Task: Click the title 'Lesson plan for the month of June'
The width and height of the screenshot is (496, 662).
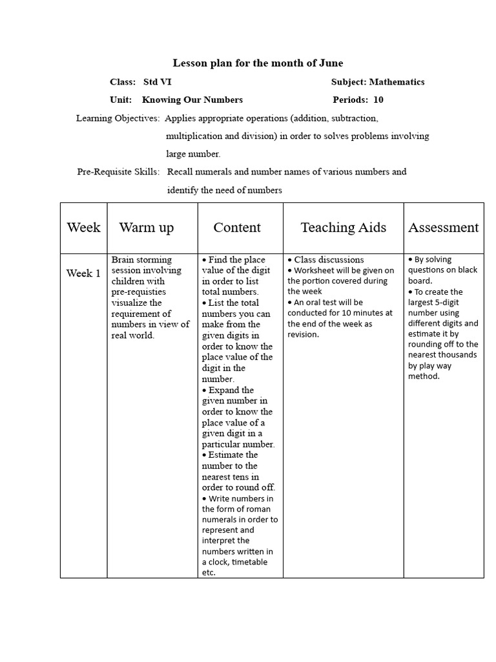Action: tap(258, 63)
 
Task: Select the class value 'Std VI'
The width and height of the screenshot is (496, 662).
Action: tap(158, 82)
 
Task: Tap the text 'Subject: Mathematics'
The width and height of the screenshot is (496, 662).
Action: tap(378, 82)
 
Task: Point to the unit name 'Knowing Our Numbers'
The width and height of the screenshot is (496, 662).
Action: tap(192, 100)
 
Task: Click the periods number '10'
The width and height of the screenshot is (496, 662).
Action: tap(378, 100)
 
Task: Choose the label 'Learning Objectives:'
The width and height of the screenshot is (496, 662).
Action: tap(118, 118)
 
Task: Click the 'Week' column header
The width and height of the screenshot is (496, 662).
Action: tap(83, 228)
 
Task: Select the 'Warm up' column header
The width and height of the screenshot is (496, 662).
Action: tap(147, 228)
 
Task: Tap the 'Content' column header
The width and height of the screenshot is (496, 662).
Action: tap(237, 228)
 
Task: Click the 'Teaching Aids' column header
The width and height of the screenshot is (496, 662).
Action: tap(344, 228)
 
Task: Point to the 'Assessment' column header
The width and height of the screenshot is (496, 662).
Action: tap(444, 228)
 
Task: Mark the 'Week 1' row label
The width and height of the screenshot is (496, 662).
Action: tap(83, 273)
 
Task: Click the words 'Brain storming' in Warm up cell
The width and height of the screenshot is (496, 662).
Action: tap(142, 260)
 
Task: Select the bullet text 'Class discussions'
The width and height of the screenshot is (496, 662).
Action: tap(329, 260)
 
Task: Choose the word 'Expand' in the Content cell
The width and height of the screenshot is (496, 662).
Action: tap(222, 390)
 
